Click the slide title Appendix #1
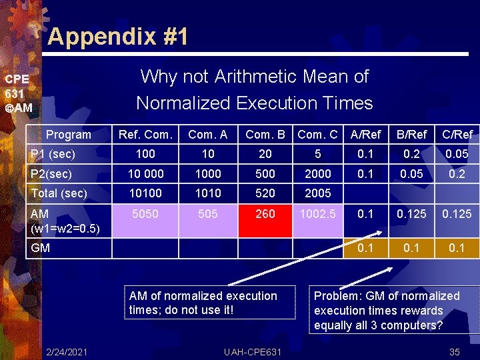tap(117, 36)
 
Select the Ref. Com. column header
tap(145, 135)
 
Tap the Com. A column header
tap(208, 135)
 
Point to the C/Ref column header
tap(458, 135)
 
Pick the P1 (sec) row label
tap(53, 154)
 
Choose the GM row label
tap(41, 247)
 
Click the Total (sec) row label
tap(60, 193)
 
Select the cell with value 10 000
tap(145, 173)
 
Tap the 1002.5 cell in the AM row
tap(318, 214)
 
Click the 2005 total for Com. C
tap(318, 193)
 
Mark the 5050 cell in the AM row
tap(145, 214)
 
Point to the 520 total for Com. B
tap(265, 193)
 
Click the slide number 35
tap(455, 351)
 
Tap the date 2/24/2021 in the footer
tap(67, 351)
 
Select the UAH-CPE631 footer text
tap(253, 351)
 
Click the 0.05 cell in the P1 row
tap(458, 154)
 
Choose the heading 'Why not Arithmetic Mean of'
tap(254, 77)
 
